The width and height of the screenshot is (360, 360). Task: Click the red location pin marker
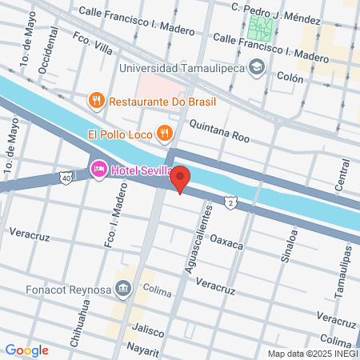[x=181, y=179]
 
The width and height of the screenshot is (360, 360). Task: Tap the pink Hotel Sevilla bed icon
[x=99, y=168]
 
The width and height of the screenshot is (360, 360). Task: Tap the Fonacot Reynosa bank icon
[x=122, y=287]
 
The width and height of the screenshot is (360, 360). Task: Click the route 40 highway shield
[x=64, y=178]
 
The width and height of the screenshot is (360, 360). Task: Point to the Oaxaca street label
[x=226, y=242]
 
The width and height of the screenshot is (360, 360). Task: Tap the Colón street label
[x=290, y=78]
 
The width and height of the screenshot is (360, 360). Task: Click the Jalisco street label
[x=149, y=331]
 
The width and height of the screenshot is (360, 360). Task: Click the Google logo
[x=26, y=350]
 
